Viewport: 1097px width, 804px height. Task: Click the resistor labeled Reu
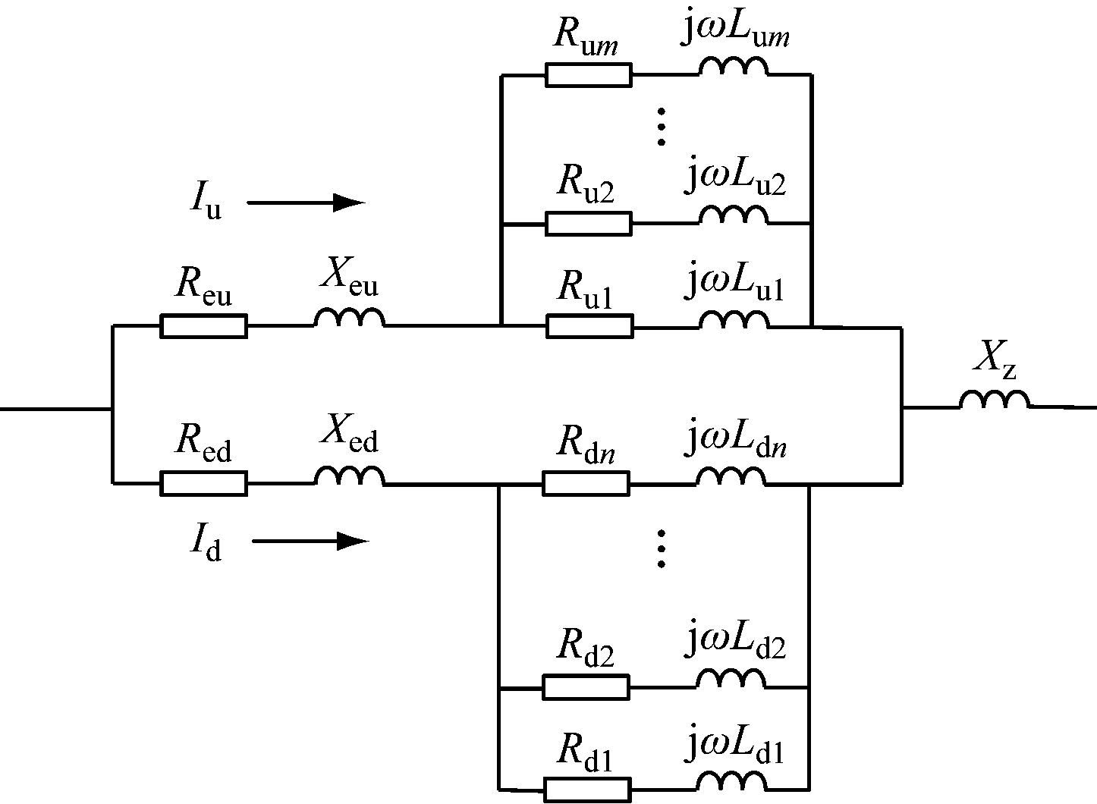pos(203,326)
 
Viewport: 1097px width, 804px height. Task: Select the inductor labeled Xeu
pos(349,319)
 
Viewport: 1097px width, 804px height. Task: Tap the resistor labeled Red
pos(203,483)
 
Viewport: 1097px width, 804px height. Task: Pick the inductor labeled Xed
pos(349,476)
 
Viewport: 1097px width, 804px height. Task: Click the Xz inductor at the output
pos(995,400)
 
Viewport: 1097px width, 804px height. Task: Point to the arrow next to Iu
pos(306,203)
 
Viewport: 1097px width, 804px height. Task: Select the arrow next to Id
pos(310,541)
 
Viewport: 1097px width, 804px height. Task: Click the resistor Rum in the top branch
pos(588,75)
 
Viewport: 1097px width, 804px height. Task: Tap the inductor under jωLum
pos(733,68)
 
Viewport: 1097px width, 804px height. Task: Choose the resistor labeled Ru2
pos(588,224)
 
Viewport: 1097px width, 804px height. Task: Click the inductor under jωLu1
pos(733,319)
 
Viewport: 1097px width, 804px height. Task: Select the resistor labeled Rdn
pos(586,483)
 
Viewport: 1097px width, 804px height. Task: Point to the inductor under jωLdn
pos(731,476)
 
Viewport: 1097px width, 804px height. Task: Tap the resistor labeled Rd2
pos(586,687)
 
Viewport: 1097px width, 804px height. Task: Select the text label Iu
pos(205,201)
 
